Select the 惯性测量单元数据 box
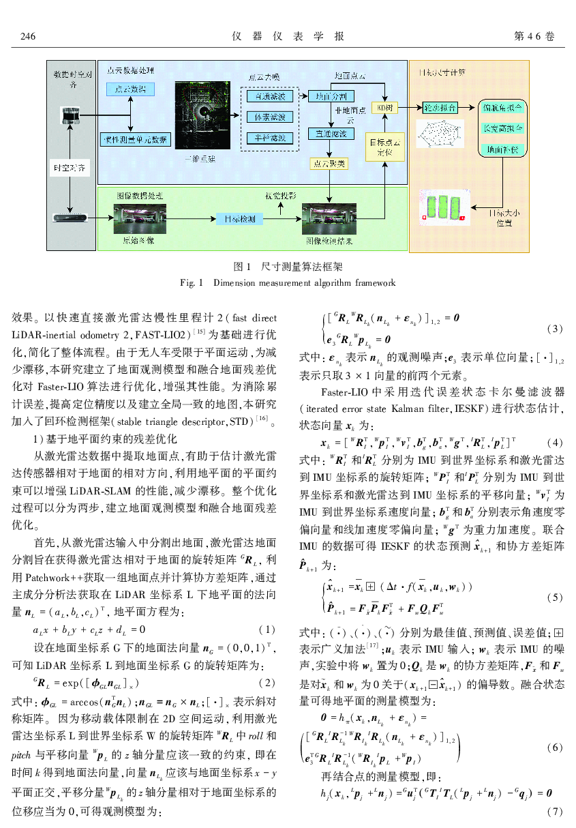click(x=135, y=139)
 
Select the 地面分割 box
click(x=327, y=97)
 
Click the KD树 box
click(x=381, y=108)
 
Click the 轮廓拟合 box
click(x=440, y=108)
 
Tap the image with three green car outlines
click(x=443, y=207)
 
